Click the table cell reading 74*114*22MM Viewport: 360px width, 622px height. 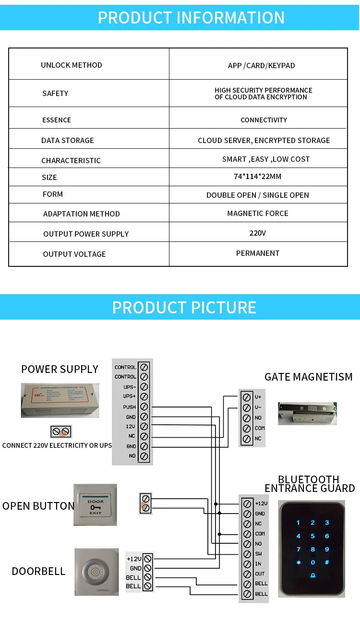pos(258,177)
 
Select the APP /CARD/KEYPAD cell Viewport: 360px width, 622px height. pos(262,65)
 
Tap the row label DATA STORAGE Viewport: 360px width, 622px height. pos(68,141)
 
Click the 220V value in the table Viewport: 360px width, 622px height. pos(258,233)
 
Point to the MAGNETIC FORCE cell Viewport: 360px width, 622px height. pos(258,214)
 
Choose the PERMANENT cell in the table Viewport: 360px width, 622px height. pos(258,253)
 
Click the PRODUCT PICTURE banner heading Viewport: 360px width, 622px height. pos(184,308)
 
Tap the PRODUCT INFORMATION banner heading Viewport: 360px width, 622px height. pos(191,18)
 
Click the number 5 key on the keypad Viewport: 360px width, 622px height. pos(312,536)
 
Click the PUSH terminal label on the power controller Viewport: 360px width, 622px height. pos(130,407)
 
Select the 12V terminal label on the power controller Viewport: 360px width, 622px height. pos(131,427)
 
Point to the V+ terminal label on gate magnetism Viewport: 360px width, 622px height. pos(258,397)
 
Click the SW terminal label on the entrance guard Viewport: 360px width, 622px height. pos(259,554)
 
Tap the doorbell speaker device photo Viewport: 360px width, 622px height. pos(96,571)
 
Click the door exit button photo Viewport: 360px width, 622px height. pos(95,504)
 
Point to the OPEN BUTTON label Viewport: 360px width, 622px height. pos(38,506)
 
